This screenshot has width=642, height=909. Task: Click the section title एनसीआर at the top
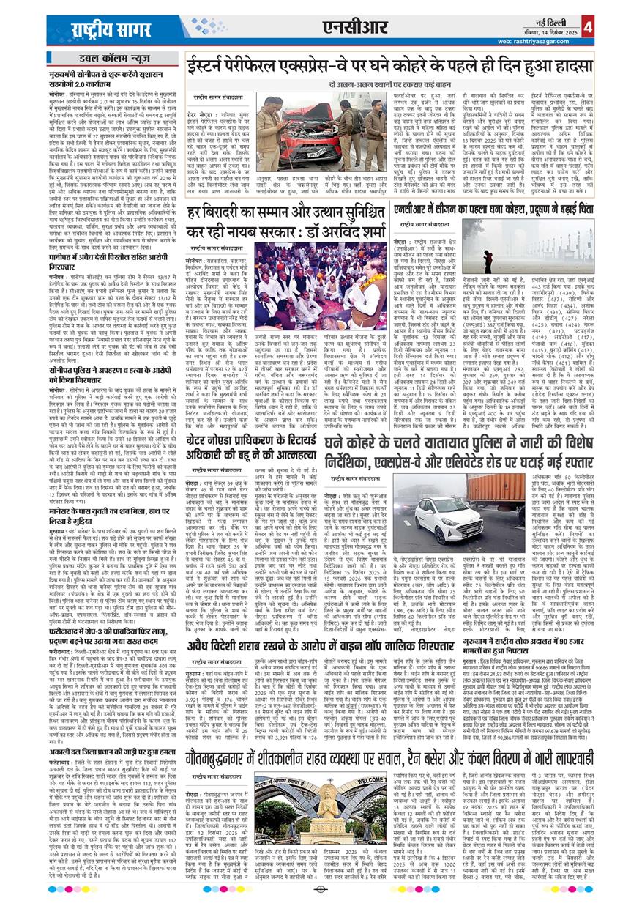click(353, 28)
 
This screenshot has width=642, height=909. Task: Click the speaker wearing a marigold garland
click(365, 281)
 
